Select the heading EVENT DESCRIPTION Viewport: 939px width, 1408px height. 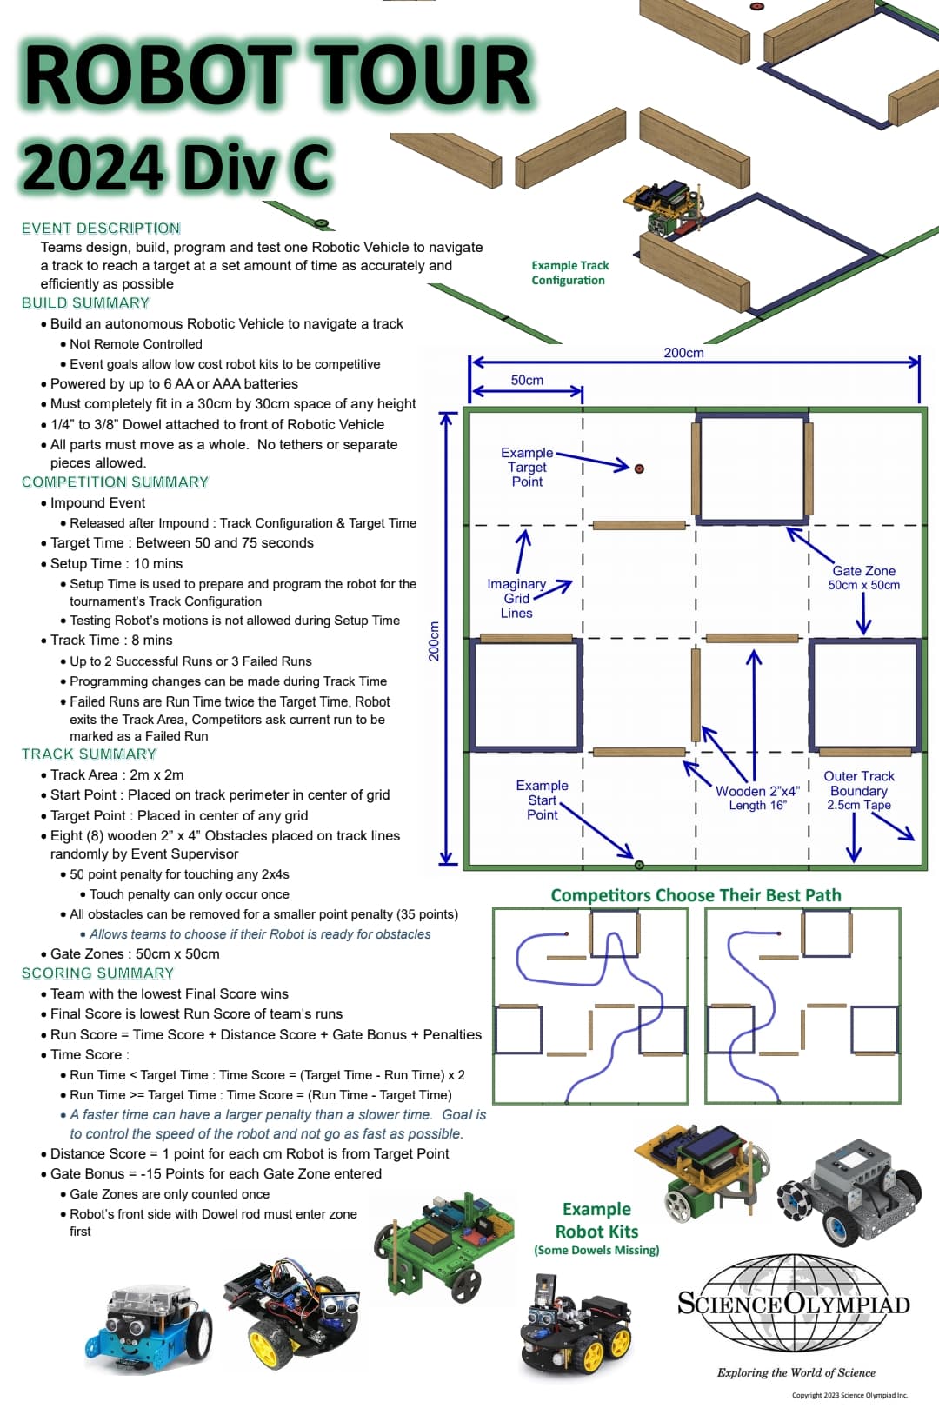click(x=101, y=229)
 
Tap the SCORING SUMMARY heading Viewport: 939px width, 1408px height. click(x=97, y=973)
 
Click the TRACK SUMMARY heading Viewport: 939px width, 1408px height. click(x=89, y=754)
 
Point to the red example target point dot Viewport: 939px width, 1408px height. click(x=639, y=468)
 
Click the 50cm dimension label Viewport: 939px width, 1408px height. click(x=527, y=381)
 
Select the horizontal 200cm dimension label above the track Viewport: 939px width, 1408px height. click(x=683, y=353)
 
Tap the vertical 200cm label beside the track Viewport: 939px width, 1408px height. click(x=434, y=641)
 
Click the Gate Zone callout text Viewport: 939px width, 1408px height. click(x=863, y=577)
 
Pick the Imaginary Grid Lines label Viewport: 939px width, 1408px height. click(x=516, y=599)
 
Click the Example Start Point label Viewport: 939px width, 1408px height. click(x=542, y=800)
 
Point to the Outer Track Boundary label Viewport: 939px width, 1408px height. click(x=859, y=790)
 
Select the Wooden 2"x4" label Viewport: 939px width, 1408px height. click(x=757, y=797)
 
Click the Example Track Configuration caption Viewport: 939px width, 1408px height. click(x=569, y=273)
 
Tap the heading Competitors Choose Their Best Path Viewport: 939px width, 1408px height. click(x=696, y=895)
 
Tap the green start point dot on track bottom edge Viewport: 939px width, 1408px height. click(x=639, y=865)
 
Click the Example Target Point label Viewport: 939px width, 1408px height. click(x=527, y=467)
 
